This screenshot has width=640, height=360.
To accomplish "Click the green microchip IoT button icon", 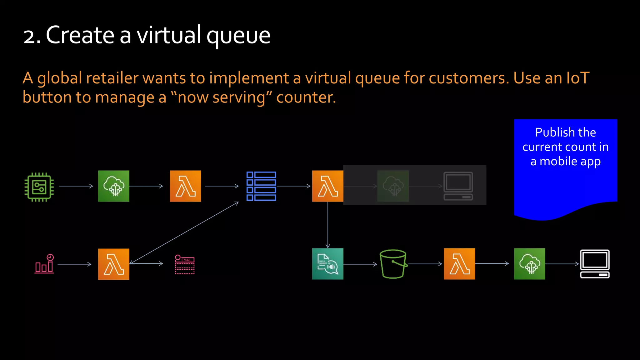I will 39,187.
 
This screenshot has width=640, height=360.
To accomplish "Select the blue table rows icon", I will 261,186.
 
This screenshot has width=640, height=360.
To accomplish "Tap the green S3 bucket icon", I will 393,264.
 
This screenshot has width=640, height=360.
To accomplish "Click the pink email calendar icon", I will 185,264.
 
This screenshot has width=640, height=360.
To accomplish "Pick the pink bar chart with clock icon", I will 44,264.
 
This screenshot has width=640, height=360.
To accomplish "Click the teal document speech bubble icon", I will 327,264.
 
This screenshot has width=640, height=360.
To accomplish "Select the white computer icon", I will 595,264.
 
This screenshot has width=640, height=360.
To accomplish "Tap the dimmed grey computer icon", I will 458,186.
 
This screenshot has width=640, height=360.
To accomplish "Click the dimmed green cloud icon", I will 393,186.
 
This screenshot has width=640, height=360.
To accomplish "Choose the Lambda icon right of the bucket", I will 459,264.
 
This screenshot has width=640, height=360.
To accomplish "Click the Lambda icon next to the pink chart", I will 114,264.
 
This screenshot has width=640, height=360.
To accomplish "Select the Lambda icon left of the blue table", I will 185,186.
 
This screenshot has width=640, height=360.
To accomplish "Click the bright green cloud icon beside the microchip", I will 114,186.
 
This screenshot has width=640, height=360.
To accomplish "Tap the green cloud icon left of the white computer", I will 529,264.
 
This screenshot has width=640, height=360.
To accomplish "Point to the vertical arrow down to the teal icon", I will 327,225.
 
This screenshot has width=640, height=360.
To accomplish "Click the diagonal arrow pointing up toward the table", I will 184,233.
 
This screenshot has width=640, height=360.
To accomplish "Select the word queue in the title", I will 238,36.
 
